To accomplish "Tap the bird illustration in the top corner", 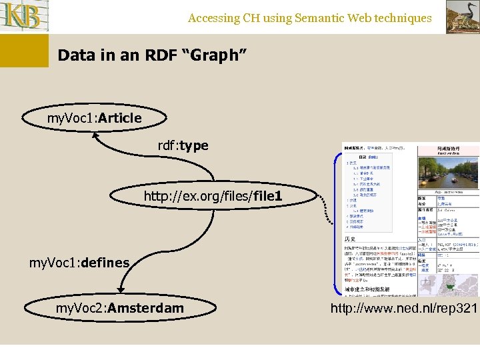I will (x=462, y=17).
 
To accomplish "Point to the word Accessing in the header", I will (x=215, y=19).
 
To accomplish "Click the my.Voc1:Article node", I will (x=95, y=119).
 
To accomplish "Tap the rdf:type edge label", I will (x=183, y=145).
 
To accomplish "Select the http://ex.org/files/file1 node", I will (x=213, y=196).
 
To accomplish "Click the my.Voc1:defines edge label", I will (x=79, y=263).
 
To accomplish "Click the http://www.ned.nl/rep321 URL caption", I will (x=404, y=309).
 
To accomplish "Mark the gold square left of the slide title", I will (x=24, y=51).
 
